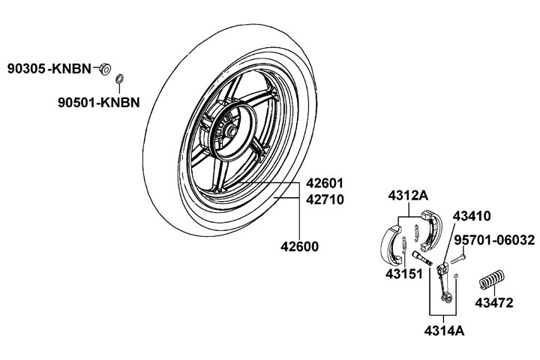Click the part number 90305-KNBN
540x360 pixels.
(x=49, y=69)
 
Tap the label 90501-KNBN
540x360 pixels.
(x=99, y=102)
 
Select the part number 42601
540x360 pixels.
(x=325, y=183)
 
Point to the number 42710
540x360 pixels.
(x=325, y=199)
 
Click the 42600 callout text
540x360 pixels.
(x=299, y=247)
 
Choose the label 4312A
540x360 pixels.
(x=408, y=196)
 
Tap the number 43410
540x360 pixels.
(x=472, y=216)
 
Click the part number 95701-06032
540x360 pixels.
(x=494, y=240)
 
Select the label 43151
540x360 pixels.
(x=404, y=274)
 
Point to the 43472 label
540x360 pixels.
(x=493, y=303)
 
